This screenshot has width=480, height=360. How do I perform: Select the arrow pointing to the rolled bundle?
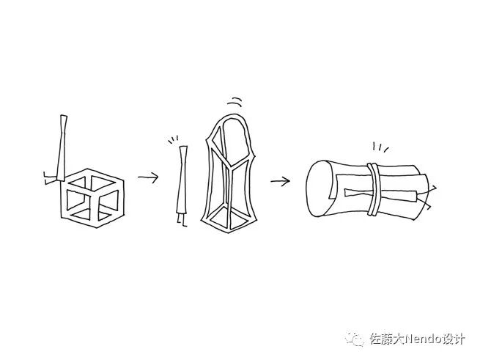coord(279,180)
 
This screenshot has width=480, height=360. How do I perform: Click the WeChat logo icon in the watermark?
coord(357,339)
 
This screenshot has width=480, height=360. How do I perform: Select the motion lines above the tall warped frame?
coord(234,103)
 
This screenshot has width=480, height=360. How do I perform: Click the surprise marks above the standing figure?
coord(174,139)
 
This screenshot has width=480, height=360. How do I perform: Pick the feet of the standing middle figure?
coord(180,221)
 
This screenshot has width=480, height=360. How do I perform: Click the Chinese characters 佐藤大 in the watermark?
coord(384,339)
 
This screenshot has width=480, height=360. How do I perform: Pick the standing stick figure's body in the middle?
coord(182,180)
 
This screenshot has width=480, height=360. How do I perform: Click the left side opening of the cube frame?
coord(75,202)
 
